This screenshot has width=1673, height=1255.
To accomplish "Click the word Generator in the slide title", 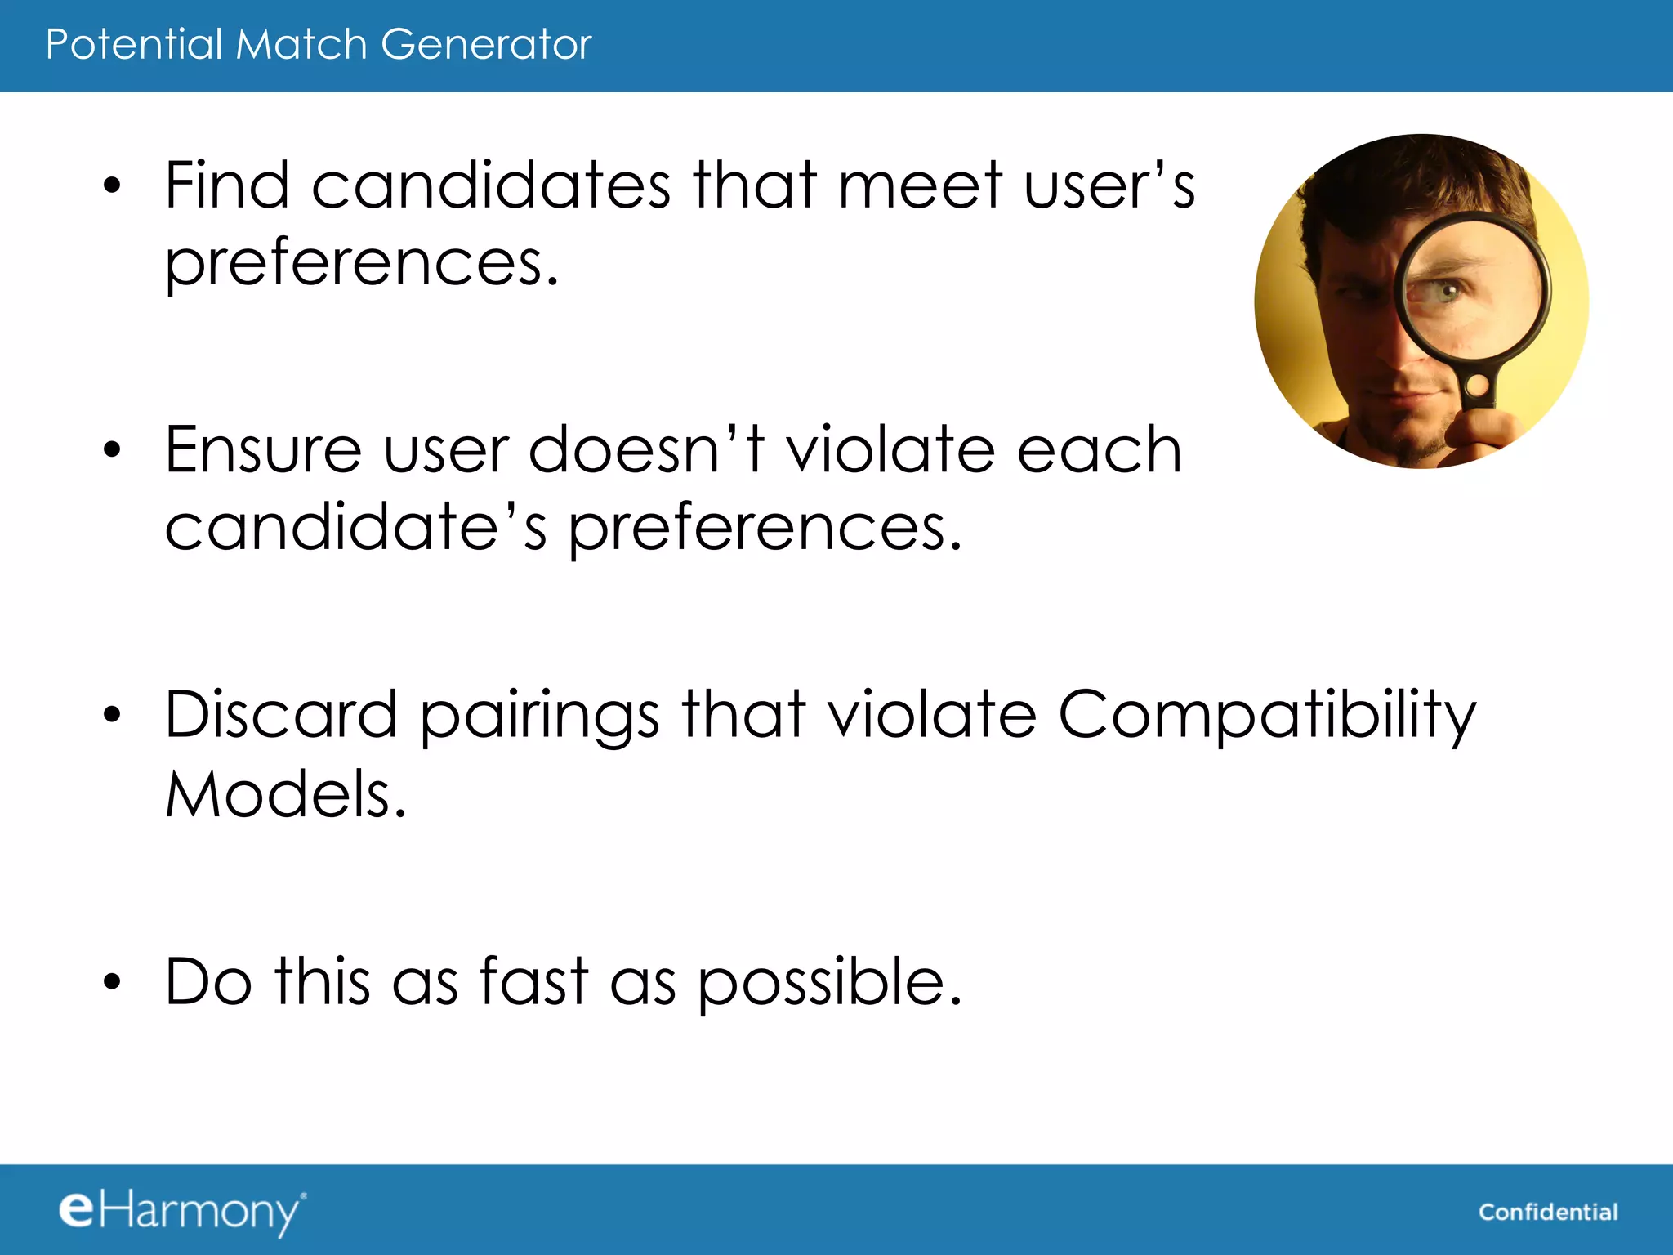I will pyautogui.click(x=485, y=44).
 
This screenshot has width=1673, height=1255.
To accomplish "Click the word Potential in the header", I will pyautogui.click(x=134, y=44).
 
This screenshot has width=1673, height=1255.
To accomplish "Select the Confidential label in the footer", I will pyautogui.click(x=1548, y=1212).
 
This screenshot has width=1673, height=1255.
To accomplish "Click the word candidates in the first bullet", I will pyautogui.click(x=491, y=185).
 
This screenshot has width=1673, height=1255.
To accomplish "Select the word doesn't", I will pyautogui.click(x=646, y=450).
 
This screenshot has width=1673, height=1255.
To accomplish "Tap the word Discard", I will pyautogui.click(x=281, y=715).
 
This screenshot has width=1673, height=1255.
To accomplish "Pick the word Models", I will pyautogui.click(x=285, y=793).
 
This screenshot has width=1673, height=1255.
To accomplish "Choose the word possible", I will pyautogui.click(x=829, y=983).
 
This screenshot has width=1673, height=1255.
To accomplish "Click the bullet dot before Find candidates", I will pyautogui.click(x=112, y=186).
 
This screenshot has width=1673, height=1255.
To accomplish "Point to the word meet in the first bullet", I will pyautogui.click(x=920, y=185).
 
